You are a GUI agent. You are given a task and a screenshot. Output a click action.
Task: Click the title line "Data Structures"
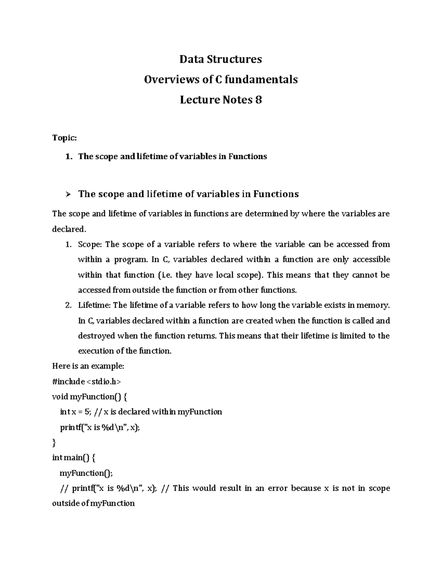(221, 59)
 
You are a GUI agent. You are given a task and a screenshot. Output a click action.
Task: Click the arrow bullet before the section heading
(67, 194)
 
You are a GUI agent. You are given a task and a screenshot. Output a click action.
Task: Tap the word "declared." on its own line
(69, 229)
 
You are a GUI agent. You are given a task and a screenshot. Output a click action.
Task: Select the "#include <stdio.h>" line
(87, 381)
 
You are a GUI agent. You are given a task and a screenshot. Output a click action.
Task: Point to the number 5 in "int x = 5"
(87, 412)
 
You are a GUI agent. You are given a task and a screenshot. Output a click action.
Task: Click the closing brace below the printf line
(55, 442)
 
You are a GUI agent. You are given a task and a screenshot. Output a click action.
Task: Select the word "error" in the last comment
(277, 488)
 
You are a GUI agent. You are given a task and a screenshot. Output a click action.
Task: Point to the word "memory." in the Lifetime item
(375, 305)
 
